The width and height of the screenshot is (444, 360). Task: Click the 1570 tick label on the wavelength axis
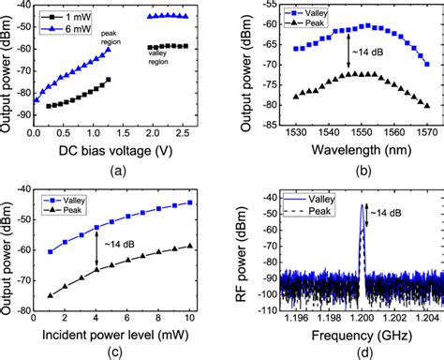coord(426,130)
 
